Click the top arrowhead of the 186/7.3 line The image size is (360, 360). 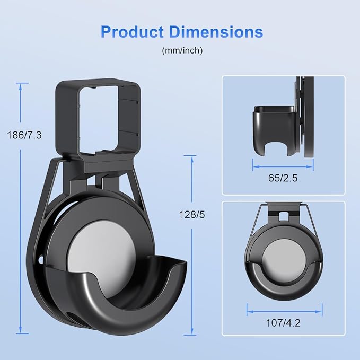tap(22, 85)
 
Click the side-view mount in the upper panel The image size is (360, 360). tap(276, 127)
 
